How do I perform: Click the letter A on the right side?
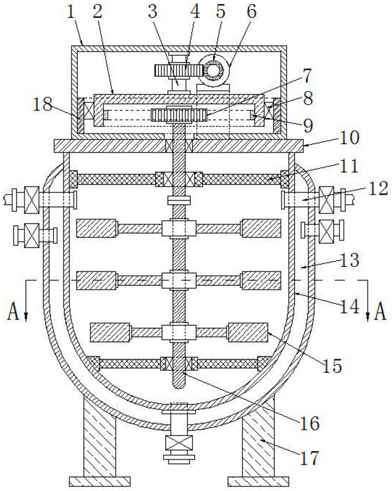[380, 312]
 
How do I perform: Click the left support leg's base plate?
[99, 480]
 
